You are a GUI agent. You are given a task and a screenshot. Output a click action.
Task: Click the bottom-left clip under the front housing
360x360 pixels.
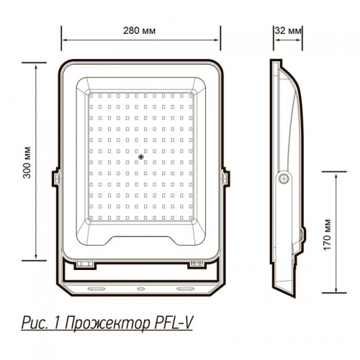point(86,264)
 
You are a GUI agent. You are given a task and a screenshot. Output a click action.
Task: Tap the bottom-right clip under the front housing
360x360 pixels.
point(196,264)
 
